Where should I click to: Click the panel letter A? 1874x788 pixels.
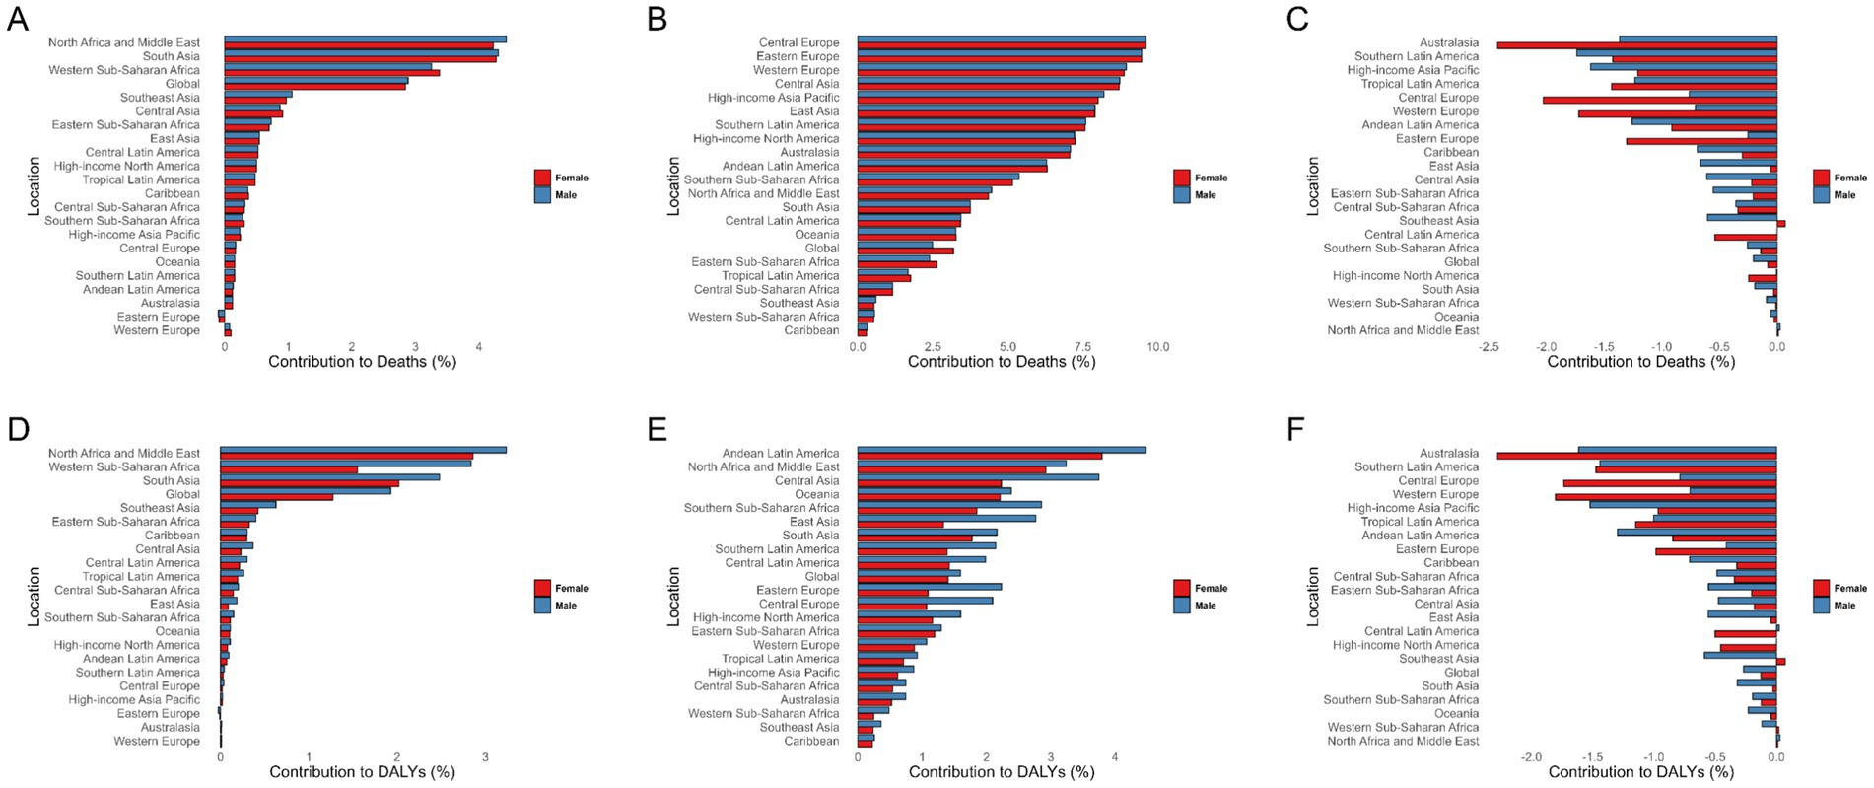17,19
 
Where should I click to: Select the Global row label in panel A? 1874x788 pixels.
182,84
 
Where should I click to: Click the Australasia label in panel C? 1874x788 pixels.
1448,42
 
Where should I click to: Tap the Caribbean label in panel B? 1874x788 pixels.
811,330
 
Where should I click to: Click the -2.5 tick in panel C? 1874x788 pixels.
1490,347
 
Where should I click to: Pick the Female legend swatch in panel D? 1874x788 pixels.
542,588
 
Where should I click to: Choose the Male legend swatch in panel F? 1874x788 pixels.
1821,605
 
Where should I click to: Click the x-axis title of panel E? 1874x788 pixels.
1001,772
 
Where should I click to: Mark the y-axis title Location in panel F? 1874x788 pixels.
1312,596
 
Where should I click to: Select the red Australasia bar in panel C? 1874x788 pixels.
1636,45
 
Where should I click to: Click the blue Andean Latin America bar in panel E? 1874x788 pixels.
1001,450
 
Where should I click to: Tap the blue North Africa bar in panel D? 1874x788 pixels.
363,450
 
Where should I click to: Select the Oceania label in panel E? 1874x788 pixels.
816,494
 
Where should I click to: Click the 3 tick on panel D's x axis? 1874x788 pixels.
484,757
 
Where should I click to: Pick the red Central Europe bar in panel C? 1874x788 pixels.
1659,100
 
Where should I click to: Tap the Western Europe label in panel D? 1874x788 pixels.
156,741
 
